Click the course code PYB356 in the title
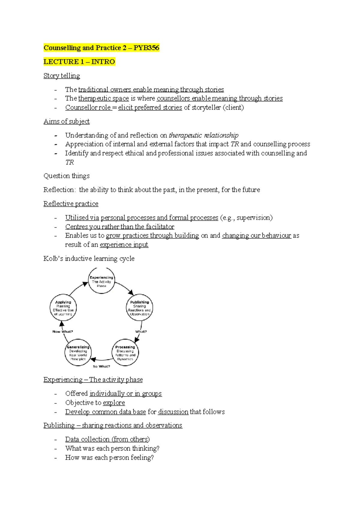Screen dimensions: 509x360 pos(146,48)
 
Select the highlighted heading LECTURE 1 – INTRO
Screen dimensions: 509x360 pos(79,62)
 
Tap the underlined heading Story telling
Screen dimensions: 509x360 pos(61,76)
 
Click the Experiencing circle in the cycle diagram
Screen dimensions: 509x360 pos(101,281)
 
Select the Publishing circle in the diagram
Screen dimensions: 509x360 pos(139,308)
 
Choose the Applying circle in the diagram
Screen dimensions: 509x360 pos(63,308)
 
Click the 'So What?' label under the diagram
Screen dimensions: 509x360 pos(101,366)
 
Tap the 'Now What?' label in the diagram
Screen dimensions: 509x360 pos(62,332)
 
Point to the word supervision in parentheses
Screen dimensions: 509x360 pos(253,218)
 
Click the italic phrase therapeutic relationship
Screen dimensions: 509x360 pos(204,135)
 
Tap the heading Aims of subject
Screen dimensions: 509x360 pos(66,121)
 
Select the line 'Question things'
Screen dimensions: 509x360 pos(66,176)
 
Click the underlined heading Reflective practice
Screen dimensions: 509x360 pos(71,204)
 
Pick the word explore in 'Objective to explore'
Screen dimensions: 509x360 pos(114,403)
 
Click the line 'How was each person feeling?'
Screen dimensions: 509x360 pos(109,458)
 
